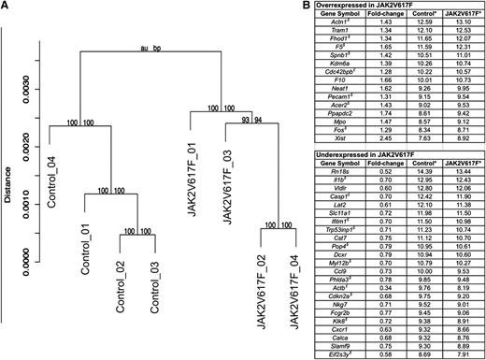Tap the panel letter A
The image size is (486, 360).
coord(7,7)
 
